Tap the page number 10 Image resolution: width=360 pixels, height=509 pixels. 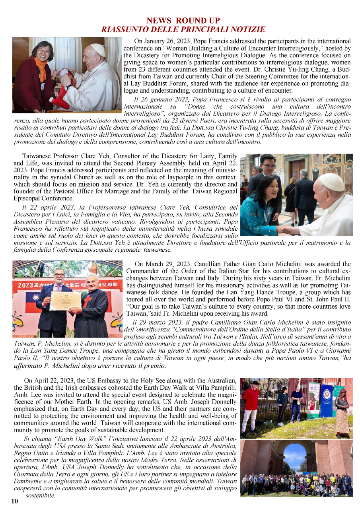click(15, 501)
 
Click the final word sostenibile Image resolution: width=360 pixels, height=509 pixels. click(40, 495)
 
